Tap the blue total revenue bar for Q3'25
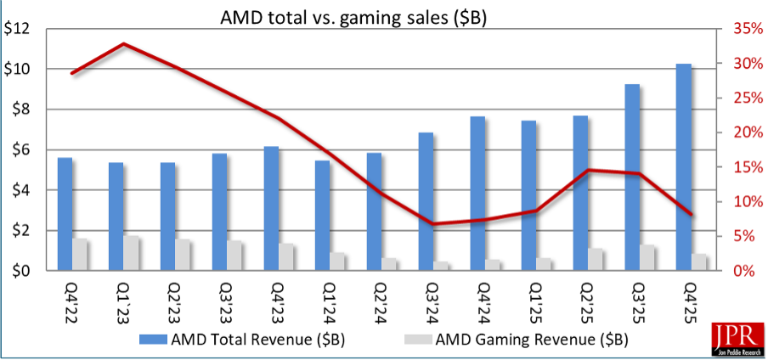[x=632, y=177]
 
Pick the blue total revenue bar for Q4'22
[x=65, y=214]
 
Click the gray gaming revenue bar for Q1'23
[x=131, y=253]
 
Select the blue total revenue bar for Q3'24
[x=426, y=201]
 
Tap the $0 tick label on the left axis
[x=21, y=271]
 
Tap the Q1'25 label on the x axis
[x=534, y=301]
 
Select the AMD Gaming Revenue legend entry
[x=511, y=340]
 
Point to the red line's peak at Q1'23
[x=124, y=44]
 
